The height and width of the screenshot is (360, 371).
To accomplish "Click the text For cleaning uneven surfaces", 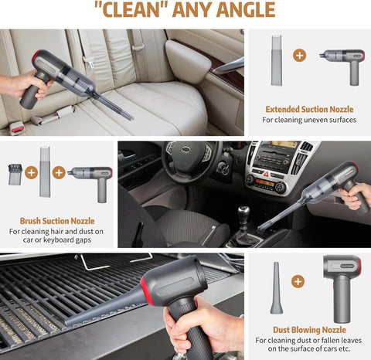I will pos(308,120).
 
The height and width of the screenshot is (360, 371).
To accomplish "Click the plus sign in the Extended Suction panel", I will pos(300,56).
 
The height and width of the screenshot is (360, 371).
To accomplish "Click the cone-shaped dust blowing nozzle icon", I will pos(276,288).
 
